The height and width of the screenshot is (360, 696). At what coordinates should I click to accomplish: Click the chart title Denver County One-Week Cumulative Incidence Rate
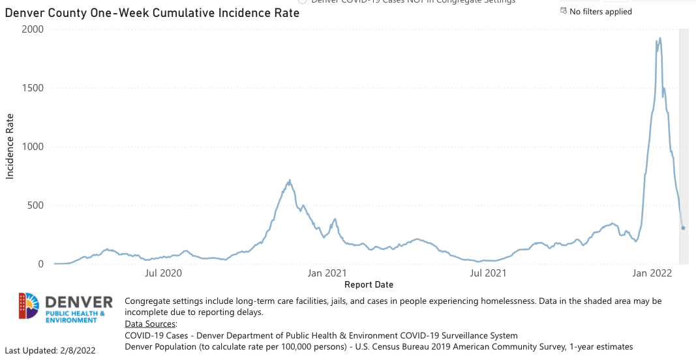tap(152, 13)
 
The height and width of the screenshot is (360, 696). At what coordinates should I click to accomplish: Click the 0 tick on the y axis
tap(40, 264)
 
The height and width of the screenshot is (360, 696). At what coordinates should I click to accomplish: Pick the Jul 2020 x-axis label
tap(163, 274)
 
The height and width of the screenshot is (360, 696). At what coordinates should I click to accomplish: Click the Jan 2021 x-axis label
tap(327, 274)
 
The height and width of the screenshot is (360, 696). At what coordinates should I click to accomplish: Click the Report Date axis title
tap(369, 285)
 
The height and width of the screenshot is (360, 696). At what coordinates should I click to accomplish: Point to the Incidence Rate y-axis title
tap(10, 147)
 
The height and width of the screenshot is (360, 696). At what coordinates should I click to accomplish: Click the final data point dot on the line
tap(683, 228)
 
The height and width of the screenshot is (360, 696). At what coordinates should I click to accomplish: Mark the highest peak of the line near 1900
tap(660, 38)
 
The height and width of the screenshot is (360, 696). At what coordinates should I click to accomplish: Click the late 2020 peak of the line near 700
tap(290, 181)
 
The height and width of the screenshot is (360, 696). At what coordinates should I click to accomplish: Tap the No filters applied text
tap(600, 12)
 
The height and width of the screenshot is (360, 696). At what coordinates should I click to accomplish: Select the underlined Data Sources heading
tap(150, 324)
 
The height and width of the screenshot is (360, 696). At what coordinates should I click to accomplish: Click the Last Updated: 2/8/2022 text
tap(50, 351)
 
